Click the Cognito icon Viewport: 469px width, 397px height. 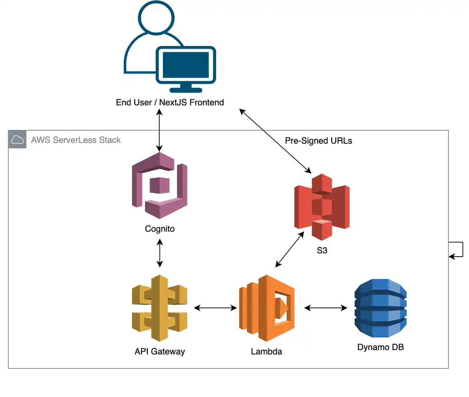(159, 185)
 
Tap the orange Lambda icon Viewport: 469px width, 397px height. (267, 308)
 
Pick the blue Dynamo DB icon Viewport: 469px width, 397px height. (380, 308)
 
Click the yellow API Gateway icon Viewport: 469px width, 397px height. (159, 308)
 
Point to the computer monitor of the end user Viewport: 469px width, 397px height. (186, 65)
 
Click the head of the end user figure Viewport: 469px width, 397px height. (156, 17)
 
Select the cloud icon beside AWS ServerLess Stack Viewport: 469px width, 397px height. (17, 140)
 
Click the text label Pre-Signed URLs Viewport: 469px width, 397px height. (318, 141)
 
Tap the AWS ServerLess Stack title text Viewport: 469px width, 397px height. (76, 140)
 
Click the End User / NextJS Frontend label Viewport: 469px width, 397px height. (170, 103)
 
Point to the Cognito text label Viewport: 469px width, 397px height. (160, 229)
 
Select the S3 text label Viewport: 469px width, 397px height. (322, 250)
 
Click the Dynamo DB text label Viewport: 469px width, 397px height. (380, 347)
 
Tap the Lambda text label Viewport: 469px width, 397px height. (266, 352)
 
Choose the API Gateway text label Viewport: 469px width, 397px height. (160, 352)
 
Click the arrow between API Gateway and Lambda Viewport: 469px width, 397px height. (215, 308)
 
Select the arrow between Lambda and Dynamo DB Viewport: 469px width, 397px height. (325, 308)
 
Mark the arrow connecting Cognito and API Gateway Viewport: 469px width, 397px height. (160, 253)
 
